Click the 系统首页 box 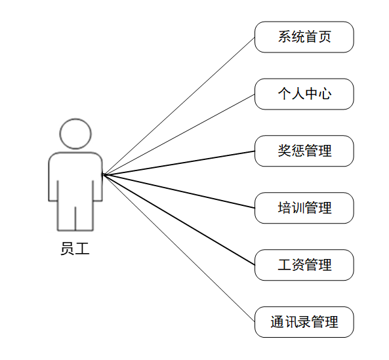click(304, 37)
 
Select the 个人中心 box click(304, 94)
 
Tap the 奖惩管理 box click(304, 151)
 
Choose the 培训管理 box click(304, 208)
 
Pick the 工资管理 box click(304, 265)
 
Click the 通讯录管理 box click(304, 322)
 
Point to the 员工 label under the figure click(75, 249)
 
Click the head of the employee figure click(75, 134)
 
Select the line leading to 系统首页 click(178, 106)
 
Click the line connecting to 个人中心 click(178, 134)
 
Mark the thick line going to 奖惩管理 click(178, 163)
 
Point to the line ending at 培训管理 click(178, 191)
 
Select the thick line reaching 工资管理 click(178, 220)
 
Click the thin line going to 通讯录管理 click(178, 248)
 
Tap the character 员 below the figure click(68, 249)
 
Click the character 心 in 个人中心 click(325, 94)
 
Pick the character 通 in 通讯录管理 click(277, 322)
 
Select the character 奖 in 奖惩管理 click(284, 151)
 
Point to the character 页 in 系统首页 click(325, 37)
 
